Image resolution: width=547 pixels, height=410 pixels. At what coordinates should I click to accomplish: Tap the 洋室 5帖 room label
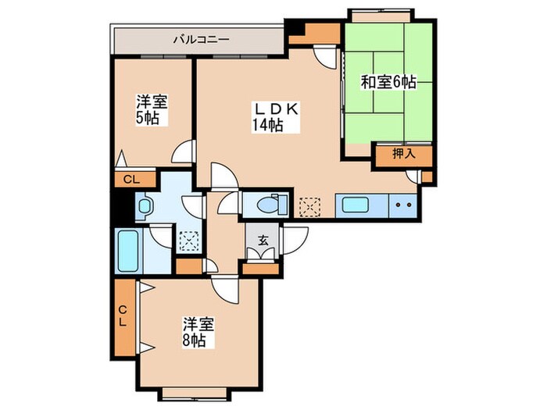[x=152, y=110]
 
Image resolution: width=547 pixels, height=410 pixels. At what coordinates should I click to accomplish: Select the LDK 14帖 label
[x=273, y=117]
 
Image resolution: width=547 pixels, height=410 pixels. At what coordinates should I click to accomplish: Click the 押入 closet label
[x=403, y=155]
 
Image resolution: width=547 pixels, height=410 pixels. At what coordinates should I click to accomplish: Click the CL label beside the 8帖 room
[x=124, y=318]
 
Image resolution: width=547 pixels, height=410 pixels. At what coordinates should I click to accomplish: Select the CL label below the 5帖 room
[x=131, y=180]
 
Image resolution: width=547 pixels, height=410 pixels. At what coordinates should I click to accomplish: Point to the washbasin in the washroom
[x=145, y=208]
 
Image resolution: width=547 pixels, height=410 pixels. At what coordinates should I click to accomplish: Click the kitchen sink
[x=362, y=207]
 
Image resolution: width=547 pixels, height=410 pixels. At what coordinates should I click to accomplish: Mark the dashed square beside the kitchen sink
[x=310, y=207]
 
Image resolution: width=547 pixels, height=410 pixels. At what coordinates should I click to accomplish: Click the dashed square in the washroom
[x=188, y=241]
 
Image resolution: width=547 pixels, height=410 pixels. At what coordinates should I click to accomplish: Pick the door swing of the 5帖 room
[x=184, y=152]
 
